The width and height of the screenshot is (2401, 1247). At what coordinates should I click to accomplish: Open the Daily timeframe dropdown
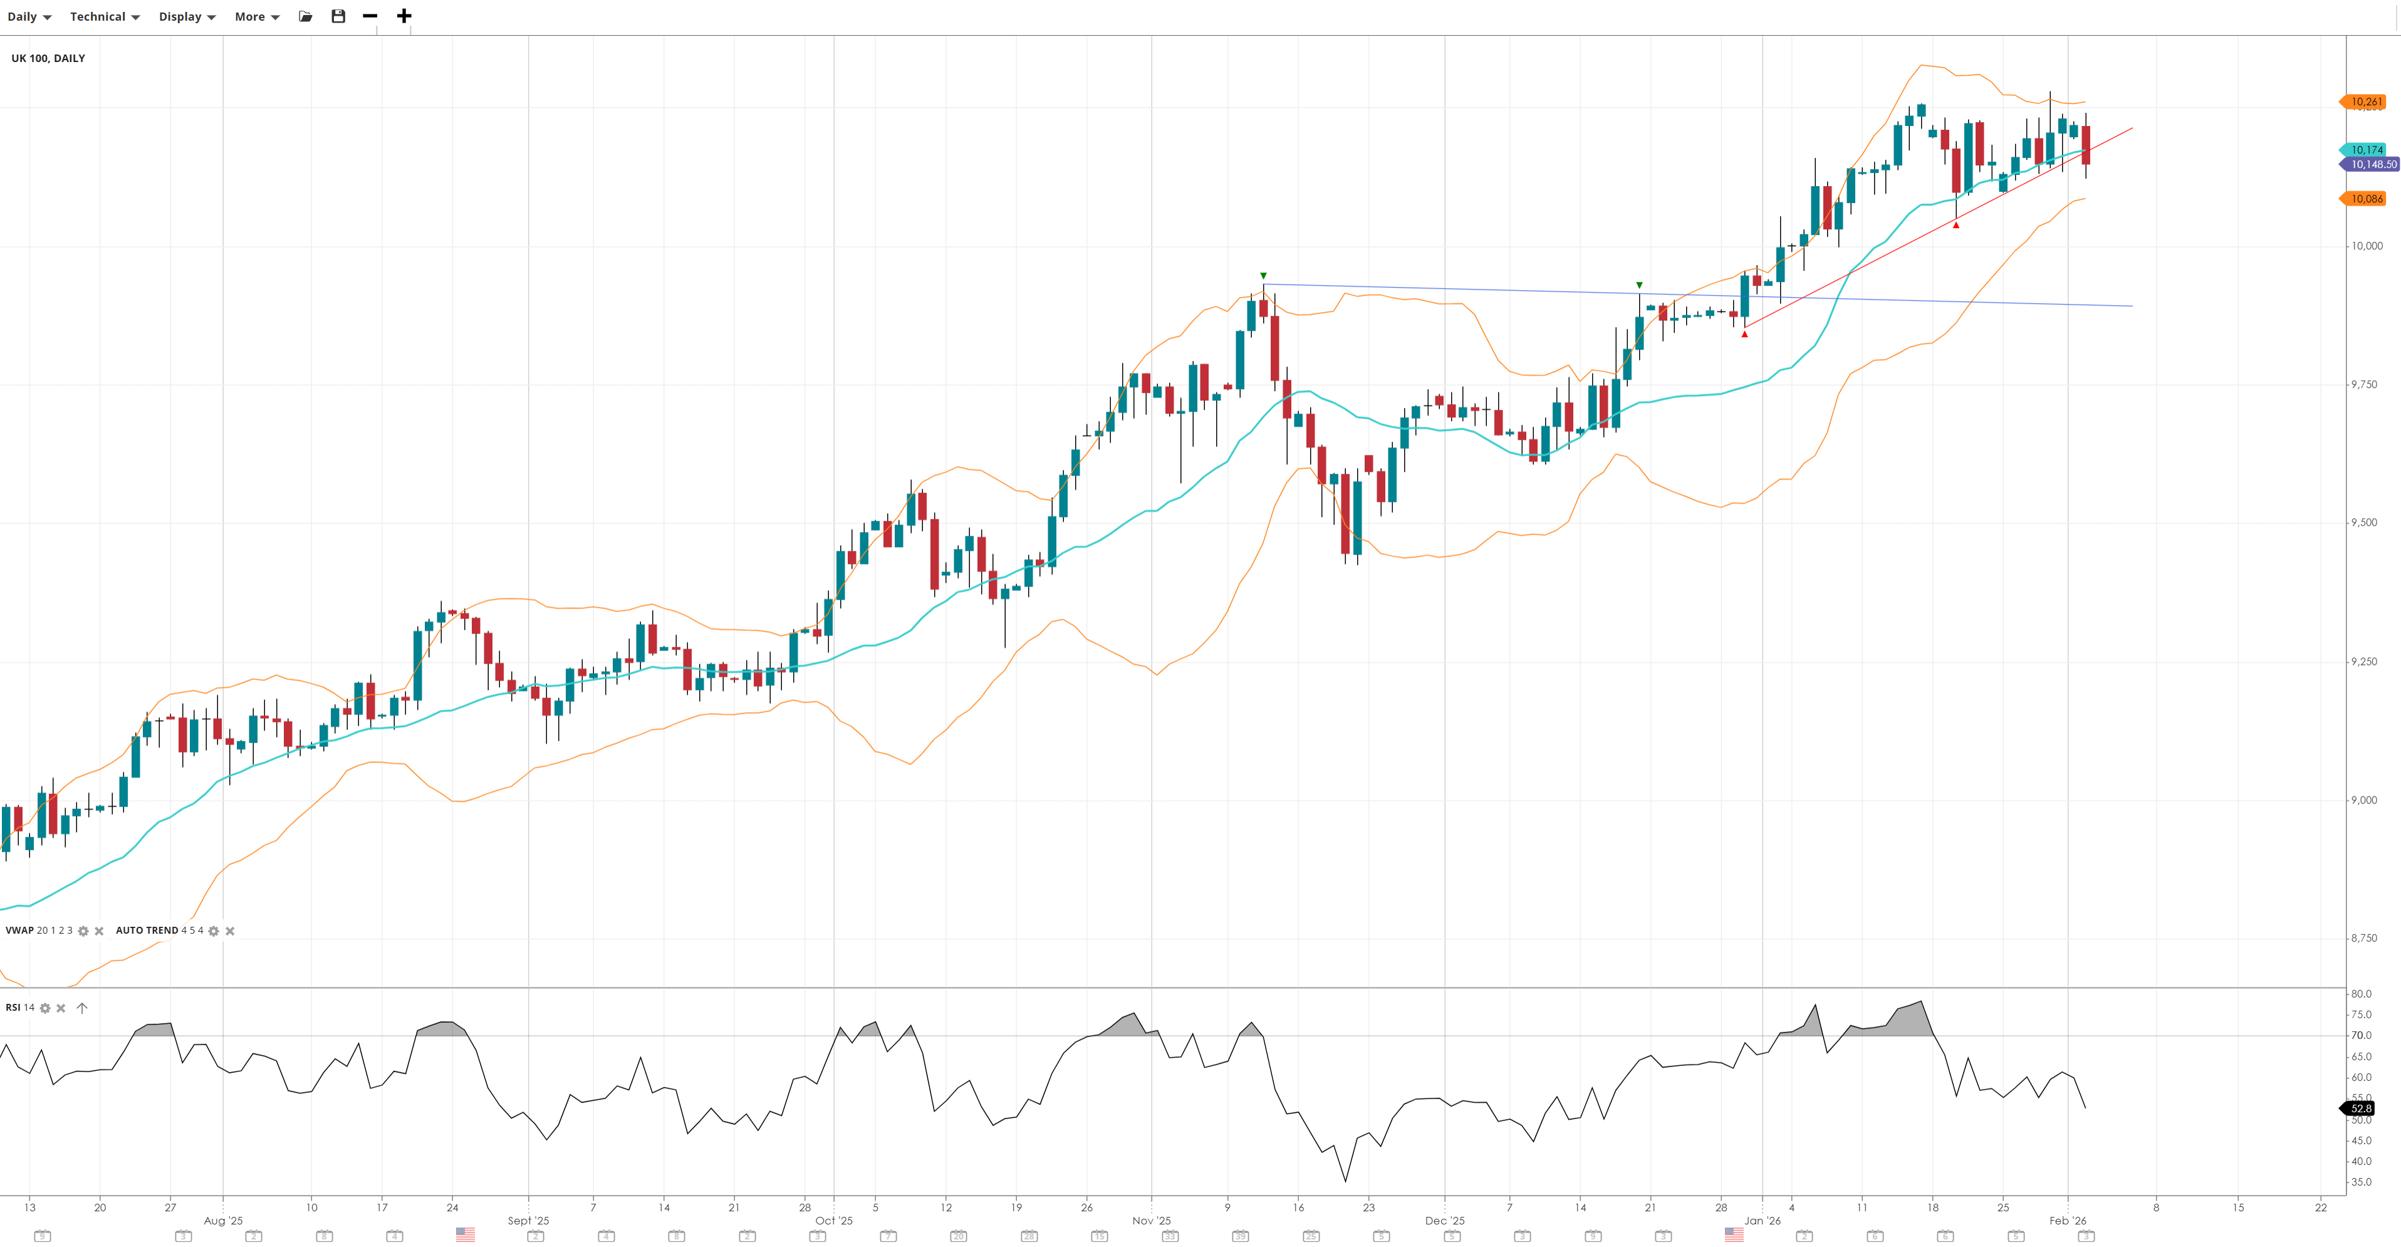click(29, 17)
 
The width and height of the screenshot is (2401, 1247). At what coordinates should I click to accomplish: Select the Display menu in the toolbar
click(187, 17)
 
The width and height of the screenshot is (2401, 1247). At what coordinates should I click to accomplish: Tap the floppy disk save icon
click(338, 16)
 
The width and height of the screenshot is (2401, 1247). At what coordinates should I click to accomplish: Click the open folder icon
click(305, 16)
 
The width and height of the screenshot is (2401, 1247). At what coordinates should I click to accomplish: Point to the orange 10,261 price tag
click(2365, 102)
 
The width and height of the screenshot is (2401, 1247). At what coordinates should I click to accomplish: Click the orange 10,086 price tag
click(2365, 199)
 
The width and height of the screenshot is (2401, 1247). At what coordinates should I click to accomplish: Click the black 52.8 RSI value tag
click(2360, 1108)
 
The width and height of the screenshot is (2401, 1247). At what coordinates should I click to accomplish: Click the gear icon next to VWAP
click(83, 931)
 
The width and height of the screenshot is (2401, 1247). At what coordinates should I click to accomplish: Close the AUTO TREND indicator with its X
click(230, 931)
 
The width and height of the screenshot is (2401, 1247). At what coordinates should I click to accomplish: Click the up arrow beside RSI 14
click(82, 1008)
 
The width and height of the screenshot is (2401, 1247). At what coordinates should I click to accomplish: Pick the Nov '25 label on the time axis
click(1151, 1221)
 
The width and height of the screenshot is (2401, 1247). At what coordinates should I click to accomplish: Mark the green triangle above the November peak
click(1263, 276)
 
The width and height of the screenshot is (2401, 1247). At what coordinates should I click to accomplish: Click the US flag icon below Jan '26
click(1734, 1235)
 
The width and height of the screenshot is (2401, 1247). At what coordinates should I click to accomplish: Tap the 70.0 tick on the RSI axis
click(2361, 1035)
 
